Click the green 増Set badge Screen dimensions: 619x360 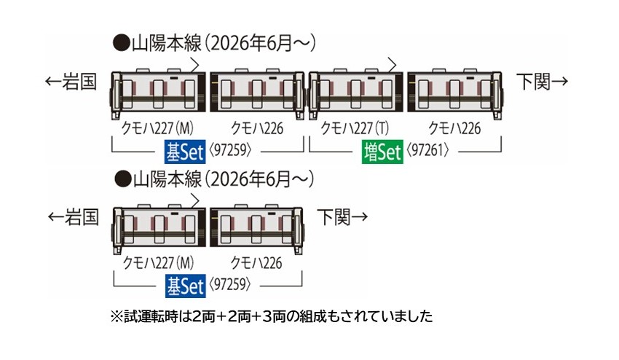(382, 152)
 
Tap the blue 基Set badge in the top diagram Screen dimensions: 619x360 (185, 152)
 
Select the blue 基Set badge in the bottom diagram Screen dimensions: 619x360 (185, 286)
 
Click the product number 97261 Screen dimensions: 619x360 (427, 150)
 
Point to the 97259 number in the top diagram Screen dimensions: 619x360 (230, 150)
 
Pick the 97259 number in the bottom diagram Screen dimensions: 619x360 (229, 284)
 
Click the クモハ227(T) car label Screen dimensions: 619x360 (355, 128)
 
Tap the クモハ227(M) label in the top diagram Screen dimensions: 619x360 (157, 128)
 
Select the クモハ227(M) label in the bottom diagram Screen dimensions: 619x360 (158, 263)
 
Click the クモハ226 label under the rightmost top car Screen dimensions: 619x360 (454, 128)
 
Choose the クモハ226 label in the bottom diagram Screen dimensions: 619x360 (256, 263)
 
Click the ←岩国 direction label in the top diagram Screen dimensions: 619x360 (71, 82)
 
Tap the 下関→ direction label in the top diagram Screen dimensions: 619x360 (543, 82)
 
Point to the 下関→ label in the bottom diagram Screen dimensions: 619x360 (343, 216)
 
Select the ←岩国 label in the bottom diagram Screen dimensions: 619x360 (73, 217)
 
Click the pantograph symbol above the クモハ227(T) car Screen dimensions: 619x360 (391, 65)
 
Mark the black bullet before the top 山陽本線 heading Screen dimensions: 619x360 (121, 43)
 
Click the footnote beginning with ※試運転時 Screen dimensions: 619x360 (272, 316)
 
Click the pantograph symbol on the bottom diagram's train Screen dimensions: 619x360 (194, 200)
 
